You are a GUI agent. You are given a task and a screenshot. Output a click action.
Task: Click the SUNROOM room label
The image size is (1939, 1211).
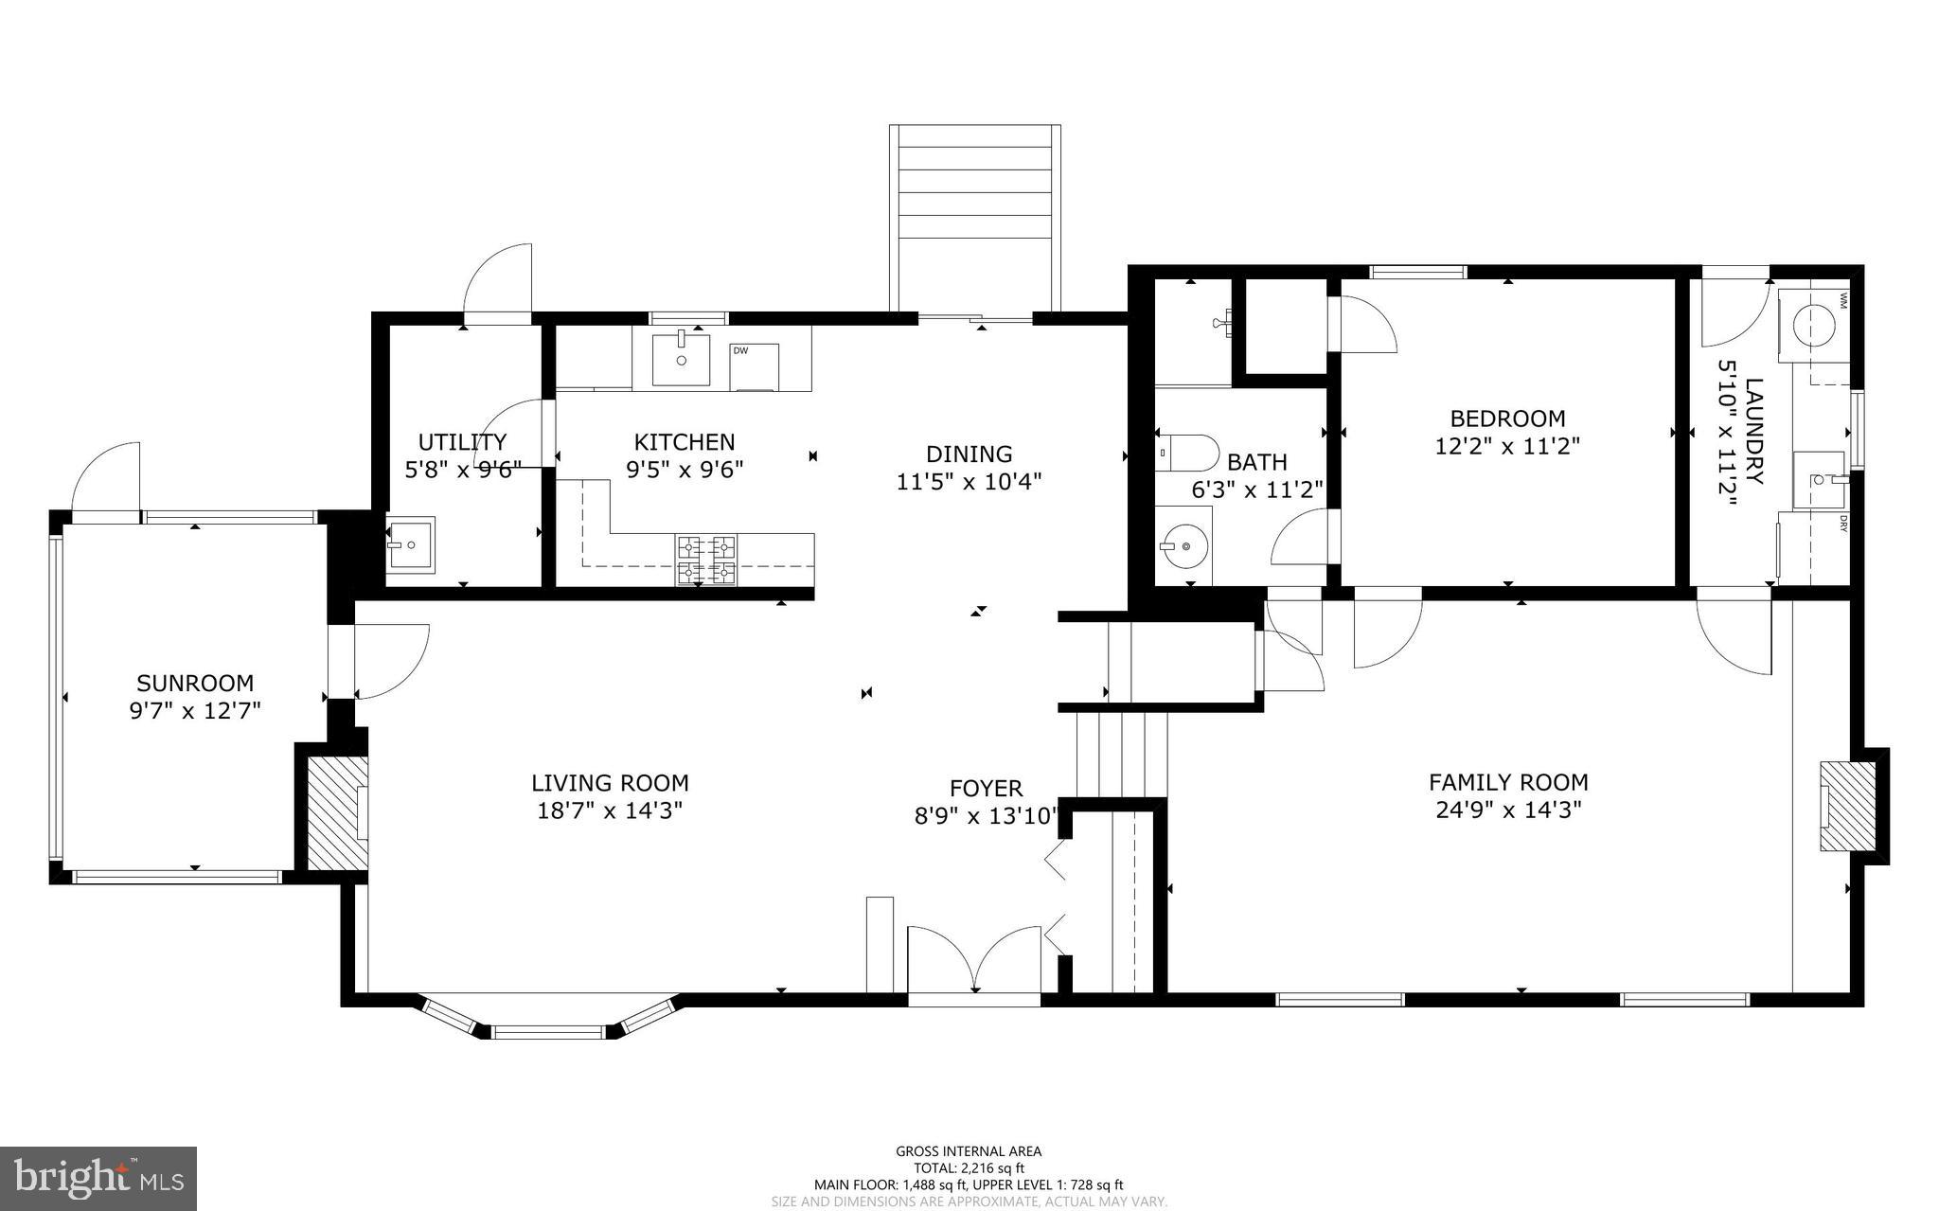click(195, 683)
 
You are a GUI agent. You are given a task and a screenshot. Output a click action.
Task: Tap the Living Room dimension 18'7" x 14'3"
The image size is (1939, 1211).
click(609, 810)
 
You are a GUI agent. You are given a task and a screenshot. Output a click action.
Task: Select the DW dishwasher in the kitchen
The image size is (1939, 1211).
click(755, 366)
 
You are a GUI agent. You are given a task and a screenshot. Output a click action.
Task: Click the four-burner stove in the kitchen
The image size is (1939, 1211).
click(705, 559)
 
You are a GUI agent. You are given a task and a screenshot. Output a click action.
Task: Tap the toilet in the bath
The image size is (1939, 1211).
click(1187, 454)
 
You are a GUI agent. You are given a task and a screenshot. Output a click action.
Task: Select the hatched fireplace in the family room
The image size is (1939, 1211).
click(1846, 807)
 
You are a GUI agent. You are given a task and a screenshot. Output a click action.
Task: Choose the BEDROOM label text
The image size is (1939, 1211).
click(1507, 418)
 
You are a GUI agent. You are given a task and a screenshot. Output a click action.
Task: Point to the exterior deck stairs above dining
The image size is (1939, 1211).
click(974, 218)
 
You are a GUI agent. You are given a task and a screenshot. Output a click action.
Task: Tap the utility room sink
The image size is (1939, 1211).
click(410, 545)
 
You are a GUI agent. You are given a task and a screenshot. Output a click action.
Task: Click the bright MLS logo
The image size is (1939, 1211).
click(98, 1178)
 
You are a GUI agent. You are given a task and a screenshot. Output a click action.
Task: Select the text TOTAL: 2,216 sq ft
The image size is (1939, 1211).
click(969, 1168)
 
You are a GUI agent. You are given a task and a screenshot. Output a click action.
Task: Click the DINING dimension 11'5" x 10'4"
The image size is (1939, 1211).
click(969, 481)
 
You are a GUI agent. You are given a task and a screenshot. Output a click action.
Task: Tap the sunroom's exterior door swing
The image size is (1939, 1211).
click(106, 477)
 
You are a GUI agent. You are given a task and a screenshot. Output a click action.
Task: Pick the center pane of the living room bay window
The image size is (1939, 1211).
click(549, 1031)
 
